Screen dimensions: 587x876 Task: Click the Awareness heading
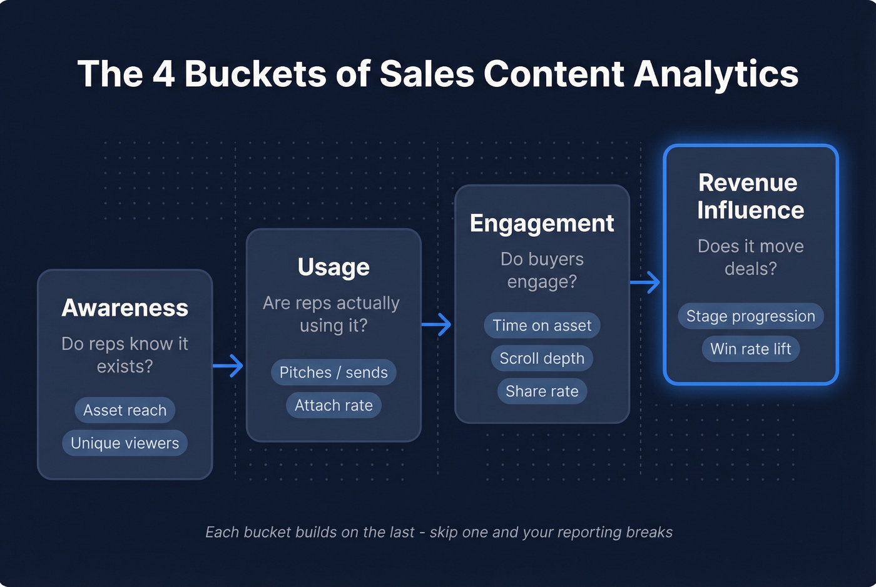click(x=125, y=308)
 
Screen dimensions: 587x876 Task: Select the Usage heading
click(x=334, y=267)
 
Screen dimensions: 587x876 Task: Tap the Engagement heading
click(x=542, y=223)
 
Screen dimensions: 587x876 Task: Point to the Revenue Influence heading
click(x=750, y=196)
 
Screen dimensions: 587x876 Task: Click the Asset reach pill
click(x=125, y=410)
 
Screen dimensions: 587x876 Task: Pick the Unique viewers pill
click(x=125, y=443)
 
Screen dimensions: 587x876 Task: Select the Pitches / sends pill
click(x=334, y=373)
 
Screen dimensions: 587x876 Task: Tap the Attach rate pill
click(x=334, y=406)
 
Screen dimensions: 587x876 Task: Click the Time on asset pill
click(x=542, y=326)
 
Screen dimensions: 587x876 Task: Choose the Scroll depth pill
click(x=542, y=358)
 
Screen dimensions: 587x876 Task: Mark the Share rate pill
click(x=542, y=391)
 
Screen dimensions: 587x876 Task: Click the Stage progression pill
click(x=750, y=316)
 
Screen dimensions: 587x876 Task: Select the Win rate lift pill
click(x=750, y=349)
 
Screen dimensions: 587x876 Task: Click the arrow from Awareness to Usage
click(x=228, y=366)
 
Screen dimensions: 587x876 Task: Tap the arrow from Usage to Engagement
click(x=437, y=324)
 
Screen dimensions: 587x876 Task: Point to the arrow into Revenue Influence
click(x=645, y=283)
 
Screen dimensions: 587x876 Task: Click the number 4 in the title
click(x=164, y=74)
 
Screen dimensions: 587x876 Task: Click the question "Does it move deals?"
click(x=750, y=258)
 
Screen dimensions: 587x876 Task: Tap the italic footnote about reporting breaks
click(x=439, y=532)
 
